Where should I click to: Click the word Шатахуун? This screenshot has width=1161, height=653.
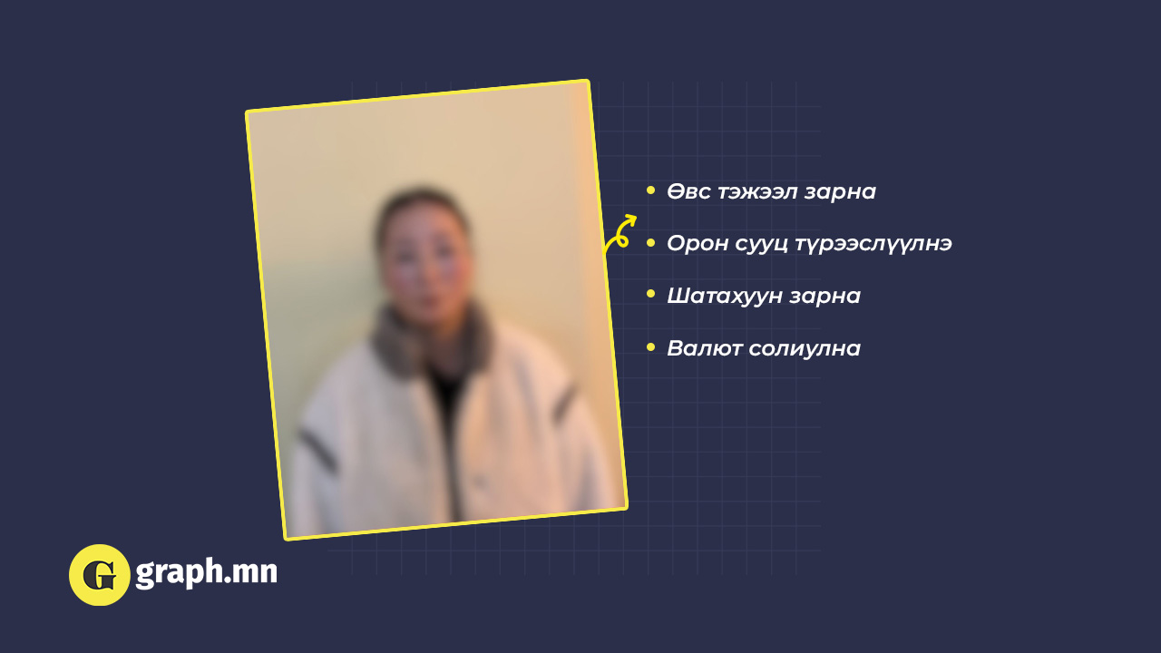click(x=725, y=297)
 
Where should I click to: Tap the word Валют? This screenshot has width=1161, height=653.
click(x=704, y=348)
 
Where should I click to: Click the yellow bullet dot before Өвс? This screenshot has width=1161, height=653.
click(x=651, y=190)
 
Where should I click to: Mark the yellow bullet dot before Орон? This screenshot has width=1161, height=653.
click(x=651, y=243)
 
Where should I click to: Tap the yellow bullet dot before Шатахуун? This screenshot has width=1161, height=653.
click(x=651, y=295)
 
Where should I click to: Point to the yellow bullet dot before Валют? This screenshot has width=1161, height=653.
click(x=651, y=346)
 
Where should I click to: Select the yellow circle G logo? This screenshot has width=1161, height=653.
click(x=100, y=575)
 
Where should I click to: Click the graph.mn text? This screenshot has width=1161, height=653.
click(x=206, y=572)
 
